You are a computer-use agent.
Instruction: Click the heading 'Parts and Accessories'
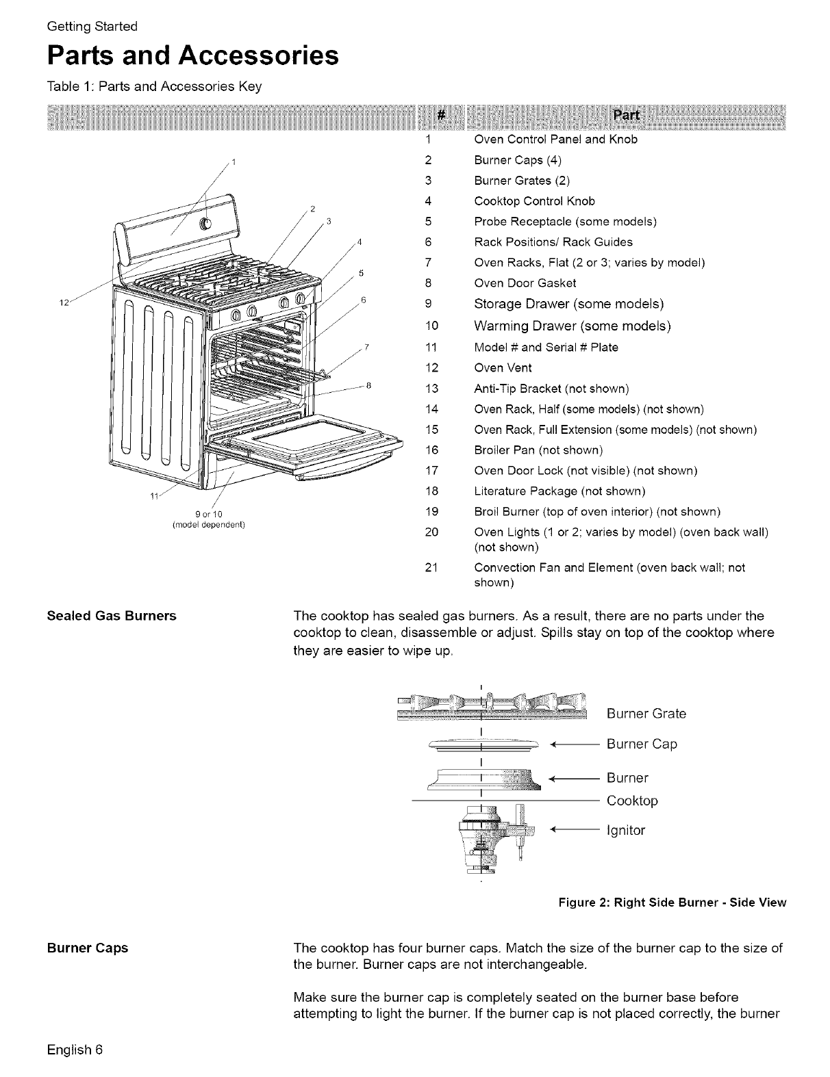tap(192, 56)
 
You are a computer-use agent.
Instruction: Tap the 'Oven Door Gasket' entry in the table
tap(525, 283)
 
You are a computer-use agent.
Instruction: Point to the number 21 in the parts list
tap(431, 568)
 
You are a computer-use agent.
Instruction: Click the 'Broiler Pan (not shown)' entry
tap(538, 450)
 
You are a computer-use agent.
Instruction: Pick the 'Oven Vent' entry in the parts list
tap(503, 368)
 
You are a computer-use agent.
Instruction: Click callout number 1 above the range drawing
tap(234, 162)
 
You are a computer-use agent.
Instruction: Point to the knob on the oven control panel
tap(204, 224)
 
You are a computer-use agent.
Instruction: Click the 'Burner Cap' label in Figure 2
tap(642, 744)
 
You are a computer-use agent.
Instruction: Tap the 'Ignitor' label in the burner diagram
tap(626, 831)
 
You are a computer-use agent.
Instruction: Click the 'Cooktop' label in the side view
tap(632, 801)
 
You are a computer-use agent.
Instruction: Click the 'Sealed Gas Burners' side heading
tap(112, 616)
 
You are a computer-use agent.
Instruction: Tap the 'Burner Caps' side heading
tap(88, 948)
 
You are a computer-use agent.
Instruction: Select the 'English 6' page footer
tap(75, 1049)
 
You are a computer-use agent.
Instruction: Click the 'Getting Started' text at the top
tap(92, 27)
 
